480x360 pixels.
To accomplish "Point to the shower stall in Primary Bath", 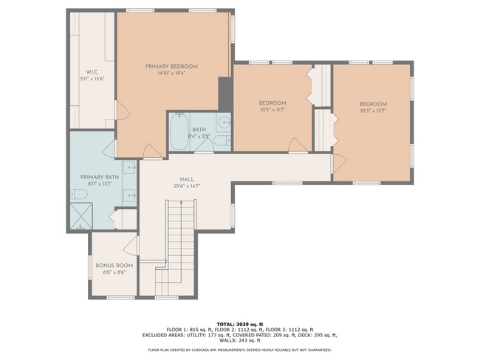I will pyautogui.click(x=82, y=215).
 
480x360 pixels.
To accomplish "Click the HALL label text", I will pyautogui.click(x=187, y=179).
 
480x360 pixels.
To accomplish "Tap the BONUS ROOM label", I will pyautogui.click(x=114, y=265).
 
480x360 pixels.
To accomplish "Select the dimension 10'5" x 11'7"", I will pyautogui.click(x=272, y=109).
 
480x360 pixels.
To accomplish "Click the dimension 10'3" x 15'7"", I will pyautogui.click(x=373, y=111).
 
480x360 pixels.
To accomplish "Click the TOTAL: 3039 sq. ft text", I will pyautogui.click(x=239, y=323).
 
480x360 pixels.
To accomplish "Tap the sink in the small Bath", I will pyautogui.click(x=224, y=122).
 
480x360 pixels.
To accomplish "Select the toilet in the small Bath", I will pyautogui.click(x=223, y=141).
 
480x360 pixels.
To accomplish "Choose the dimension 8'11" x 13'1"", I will pyautogui.click(x=99, y=184).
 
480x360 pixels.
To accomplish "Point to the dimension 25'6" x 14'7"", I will pyautogui.click(x=187, y=186).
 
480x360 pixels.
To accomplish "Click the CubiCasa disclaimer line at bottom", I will pyautogui.click(x=239, y=350).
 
